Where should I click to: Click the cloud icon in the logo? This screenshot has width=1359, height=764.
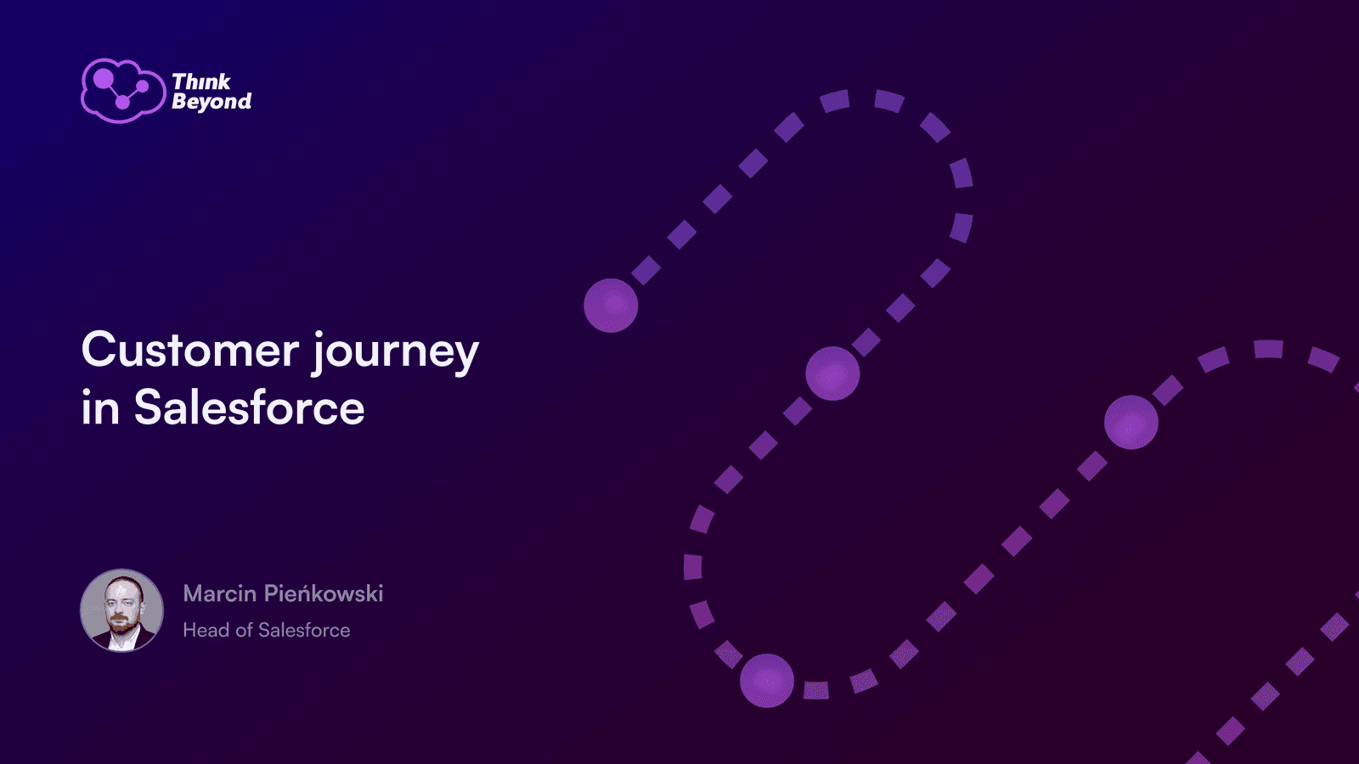(123, 91)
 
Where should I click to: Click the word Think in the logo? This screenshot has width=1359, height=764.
(200, 81)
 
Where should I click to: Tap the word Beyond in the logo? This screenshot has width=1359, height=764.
(211, 101)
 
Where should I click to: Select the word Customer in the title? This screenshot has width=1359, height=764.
(190, 350)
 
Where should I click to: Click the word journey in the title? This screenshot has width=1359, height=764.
(396, 353)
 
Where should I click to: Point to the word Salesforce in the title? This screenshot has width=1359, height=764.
(250, 407)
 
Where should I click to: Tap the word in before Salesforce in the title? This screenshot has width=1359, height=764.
(100, 407)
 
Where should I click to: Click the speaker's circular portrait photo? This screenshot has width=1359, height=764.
(122, 610)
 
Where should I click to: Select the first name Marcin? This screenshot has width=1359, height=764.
(220, 593)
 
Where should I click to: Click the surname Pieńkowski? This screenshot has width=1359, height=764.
(324, 593)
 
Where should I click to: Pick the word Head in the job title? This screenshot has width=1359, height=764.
(206, 630)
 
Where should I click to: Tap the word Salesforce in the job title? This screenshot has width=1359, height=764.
(304, 630)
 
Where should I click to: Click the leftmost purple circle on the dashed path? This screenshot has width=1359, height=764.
(611, 306)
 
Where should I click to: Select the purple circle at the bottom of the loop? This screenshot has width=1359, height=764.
(767, 680)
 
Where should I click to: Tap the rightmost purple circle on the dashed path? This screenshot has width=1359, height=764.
(1131, 422)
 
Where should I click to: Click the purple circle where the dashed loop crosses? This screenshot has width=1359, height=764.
(832, 374)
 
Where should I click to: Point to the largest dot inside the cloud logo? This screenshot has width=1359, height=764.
(103, 78)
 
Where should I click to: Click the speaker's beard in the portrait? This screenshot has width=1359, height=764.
(121, 624)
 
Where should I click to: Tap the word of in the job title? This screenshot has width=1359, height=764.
(244, 630)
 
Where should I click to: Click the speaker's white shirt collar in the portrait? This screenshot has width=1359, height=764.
(122, 641)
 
